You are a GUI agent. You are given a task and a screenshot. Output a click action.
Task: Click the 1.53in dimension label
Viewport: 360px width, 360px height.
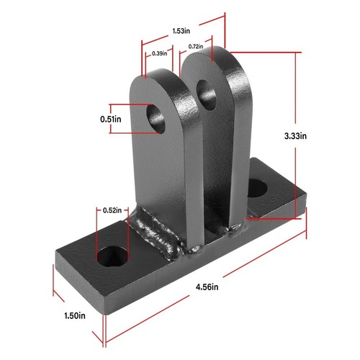(x=180, y=31)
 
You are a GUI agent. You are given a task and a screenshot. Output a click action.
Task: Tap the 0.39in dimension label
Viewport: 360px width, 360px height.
(x=159, y=53)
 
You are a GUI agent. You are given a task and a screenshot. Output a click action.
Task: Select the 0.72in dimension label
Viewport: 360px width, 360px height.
(x=194, y=47)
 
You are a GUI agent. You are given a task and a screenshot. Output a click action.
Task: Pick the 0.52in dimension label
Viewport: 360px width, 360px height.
(x=110, y=210)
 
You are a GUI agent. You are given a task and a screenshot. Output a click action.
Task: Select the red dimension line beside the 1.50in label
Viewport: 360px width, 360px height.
(x=79, y=302)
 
